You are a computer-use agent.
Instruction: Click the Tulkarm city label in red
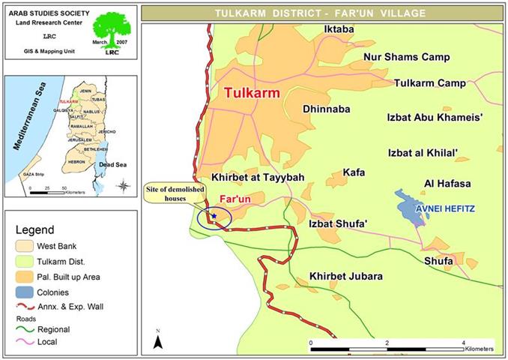tap(255, 94)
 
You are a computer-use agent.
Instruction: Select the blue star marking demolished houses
tap(214, 216)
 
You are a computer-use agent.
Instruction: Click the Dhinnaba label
tap(326, 109)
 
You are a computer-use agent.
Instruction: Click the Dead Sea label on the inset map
tap(111, 160)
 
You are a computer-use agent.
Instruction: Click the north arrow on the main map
tap(158, 340)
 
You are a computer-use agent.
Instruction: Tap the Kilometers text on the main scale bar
tap(480, 350)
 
